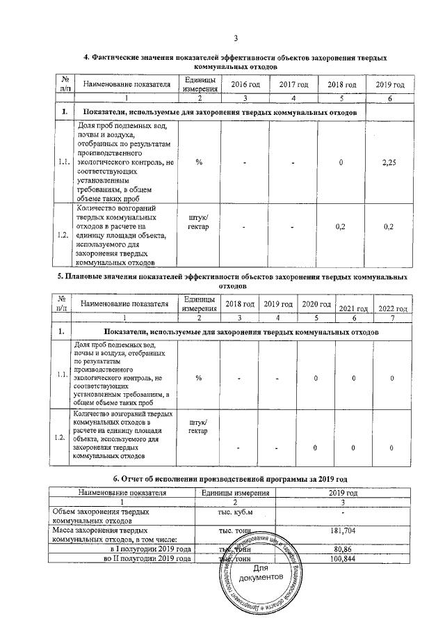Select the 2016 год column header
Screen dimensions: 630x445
point(245,84)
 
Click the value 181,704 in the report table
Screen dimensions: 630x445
point(346,531)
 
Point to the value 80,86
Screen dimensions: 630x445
point(346,549)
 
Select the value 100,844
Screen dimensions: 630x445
point(346,559)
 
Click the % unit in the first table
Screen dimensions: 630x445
point(200,162)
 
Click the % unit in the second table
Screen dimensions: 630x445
point(199,378)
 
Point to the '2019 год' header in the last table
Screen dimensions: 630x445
point(346,492)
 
